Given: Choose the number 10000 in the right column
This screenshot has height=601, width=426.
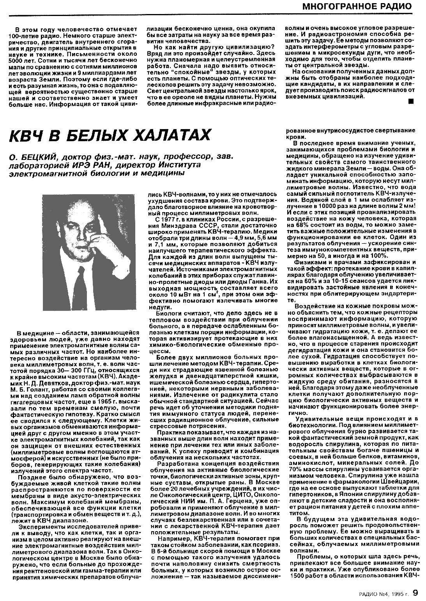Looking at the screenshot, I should click(x=327, y=205).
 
